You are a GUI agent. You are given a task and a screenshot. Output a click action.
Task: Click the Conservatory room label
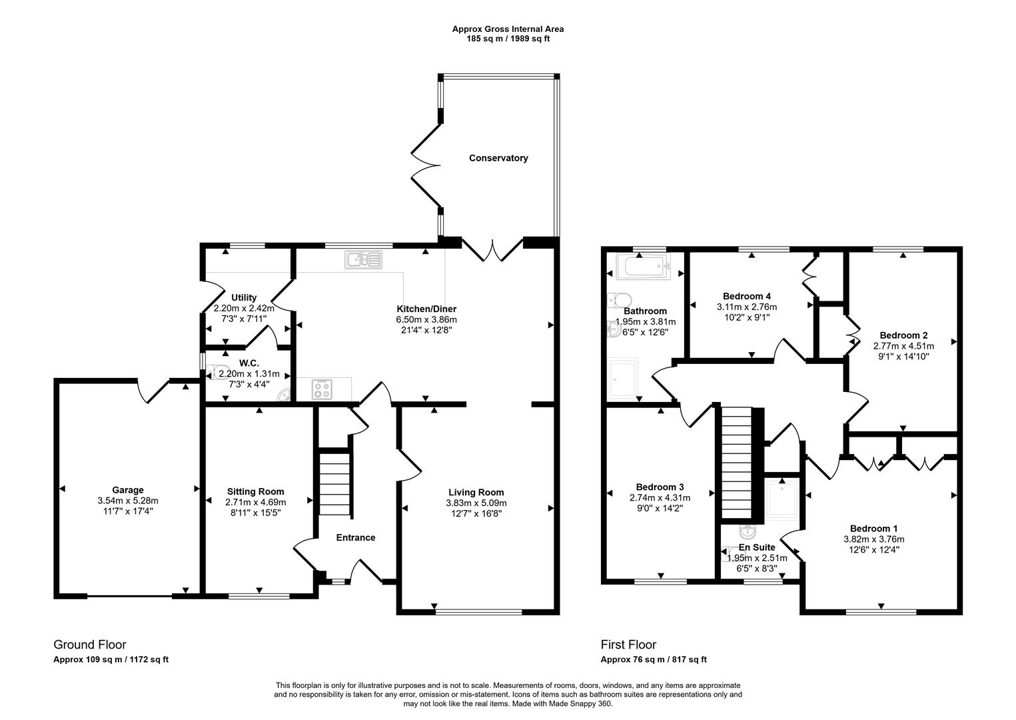tap(498, 158)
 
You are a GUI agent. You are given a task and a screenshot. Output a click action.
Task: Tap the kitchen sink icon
tap(362, 259)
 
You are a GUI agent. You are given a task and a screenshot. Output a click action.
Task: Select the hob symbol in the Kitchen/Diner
tap(322, 389)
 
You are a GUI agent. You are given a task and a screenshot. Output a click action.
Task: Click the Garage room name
tap(127, 490)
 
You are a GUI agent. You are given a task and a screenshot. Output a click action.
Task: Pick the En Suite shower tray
tap(782, 499)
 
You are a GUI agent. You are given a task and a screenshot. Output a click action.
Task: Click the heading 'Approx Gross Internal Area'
tap(508, 29)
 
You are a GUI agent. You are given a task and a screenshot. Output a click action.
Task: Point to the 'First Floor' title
tap(628, 645)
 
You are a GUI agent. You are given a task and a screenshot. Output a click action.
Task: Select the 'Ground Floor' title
tap(89, 645)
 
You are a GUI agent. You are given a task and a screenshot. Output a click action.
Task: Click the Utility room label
tap(244, 297)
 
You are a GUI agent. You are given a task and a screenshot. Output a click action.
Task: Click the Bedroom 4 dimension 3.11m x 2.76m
tap(746, 307)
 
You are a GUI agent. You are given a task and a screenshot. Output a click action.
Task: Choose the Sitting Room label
tap(255, 491)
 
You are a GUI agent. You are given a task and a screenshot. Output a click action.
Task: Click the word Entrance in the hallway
tap(355, 537)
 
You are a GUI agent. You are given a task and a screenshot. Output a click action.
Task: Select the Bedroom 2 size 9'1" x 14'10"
tap(903, 356)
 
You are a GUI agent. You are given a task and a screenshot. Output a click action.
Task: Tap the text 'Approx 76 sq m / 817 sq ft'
tap(653, 659)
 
